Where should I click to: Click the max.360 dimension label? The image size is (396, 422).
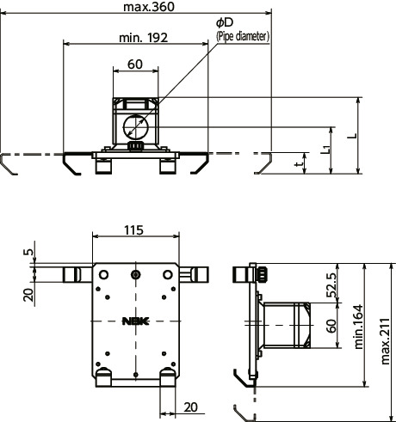tap(149, 7)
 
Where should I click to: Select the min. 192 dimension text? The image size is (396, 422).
tap(143, 38)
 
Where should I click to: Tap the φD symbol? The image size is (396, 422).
tap(225, 22)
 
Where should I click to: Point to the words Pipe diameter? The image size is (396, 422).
tap(243, 36)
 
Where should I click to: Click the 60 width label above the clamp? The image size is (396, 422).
tap(135, 64)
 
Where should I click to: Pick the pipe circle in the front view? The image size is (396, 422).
tap(135, 126)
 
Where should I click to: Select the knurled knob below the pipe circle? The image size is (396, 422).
tap(135, 146)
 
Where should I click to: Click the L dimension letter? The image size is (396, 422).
tap(352, 136)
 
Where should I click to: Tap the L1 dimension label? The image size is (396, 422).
tap(325, 149)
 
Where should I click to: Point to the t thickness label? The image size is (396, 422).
tap(299, 164)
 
